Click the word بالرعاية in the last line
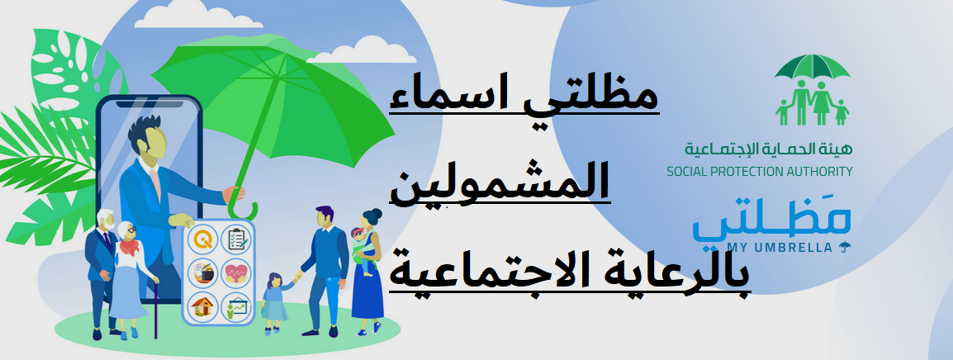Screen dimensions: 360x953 [x=668, y=273]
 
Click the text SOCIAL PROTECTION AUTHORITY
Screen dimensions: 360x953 [x=759, y=172]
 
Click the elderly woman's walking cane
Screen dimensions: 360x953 [x=155, y=306]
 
